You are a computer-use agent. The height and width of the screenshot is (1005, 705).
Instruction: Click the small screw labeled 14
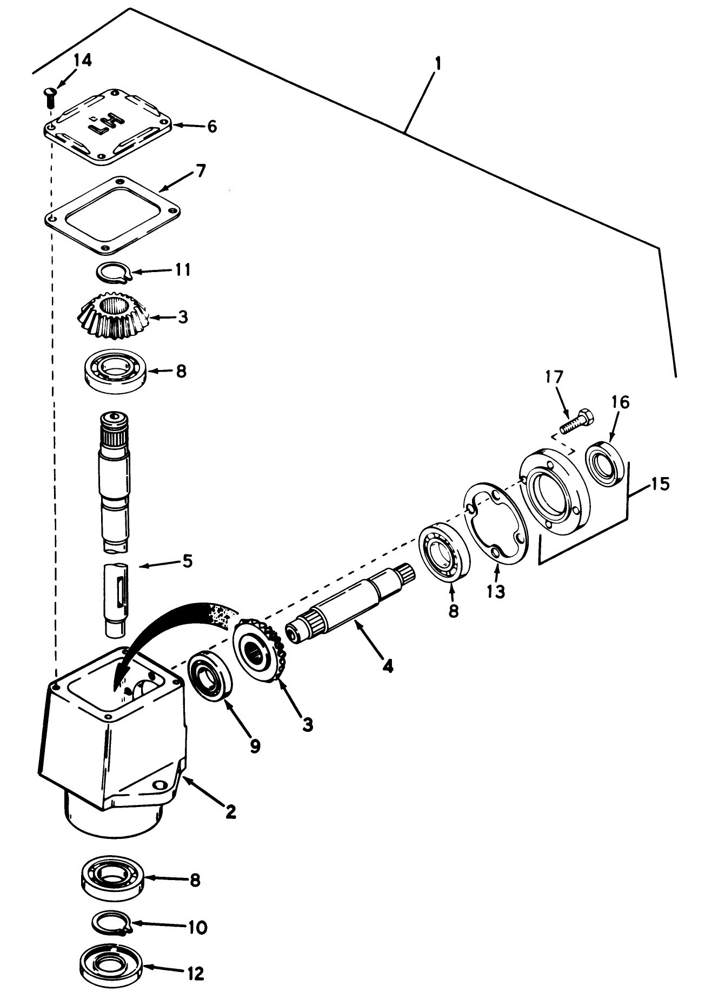[x=49, y=98]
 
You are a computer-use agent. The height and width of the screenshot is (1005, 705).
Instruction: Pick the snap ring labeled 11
[x=113, y=272]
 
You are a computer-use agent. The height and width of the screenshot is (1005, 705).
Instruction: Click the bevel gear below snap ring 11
[x=116, y=318]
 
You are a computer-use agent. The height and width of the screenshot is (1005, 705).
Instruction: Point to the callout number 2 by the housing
[x=230, y=811]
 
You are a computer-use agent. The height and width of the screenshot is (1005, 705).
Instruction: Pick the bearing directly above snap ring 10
[x=112, y=879]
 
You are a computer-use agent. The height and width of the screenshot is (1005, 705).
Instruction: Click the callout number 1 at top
[x=438, y=64]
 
